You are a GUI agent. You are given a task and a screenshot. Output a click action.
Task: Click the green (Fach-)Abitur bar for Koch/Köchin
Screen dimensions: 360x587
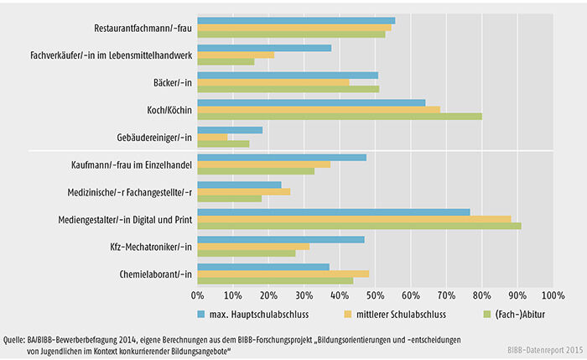pyautogui.click(x=340, y=115)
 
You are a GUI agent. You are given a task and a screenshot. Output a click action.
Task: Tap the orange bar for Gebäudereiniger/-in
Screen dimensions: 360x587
pyautogui.click(x=212, y=137)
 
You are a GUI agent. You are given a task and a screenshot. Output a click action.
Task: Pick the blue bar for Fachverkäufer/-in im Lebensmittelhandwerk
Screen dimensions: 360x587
pyautogui.click(x=264, y=48)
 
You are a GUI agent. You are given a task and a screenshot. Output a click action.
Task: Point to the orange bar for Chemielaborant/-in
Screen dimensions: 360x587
pyautogui.click(x=283, y=274)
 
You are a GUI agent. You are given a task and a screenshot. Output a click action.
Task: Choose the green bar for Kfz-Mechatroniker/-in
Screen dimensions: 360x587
pyautogui.click(x=247, y=253)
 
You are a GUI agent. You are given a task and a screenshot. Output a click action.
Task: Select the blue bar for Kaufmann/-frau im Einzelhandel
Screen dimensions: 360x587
pyautogui.click(x=282, y=157)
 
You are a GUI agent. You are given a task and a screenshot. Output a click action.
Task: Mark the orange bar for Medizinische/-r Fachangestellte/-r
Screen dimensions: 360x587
pyautogui.click(x=244, y=191)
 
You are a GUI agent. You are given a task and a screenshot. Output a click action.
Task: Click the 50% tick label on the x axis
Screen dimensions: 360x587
pyautogui.click(x=375, y=295)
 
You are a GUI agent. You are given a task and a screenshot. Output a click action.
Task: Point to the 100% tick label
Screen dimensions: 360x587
pyautogui.click(x=551, y=295)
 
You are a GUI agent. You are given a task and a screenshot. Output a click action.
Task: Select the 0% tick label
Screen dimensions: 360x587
pyautogui.click(x=198, y=295)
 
